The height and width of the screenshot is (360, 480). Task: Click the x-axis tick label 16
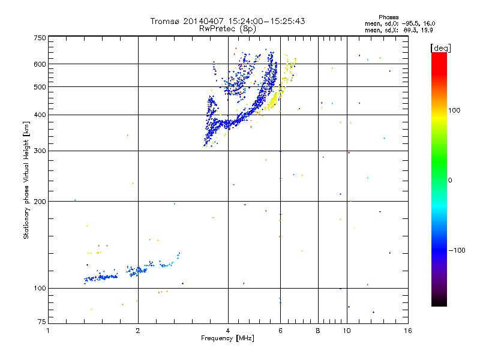tap(407, 331)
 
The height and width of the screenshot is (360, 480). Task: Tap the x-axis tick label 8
tap(318, 331)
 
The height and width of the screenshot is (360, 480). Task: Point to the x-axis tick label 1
tap(48, 331)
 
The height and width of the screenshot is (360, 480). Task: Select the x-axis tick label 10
tap(347, 331)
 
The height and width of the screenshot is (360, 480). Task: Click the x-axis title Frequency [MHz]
tap(227, 339)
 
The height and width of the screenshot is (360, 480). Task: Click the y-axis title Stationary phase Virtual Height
tap(26, 180)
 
